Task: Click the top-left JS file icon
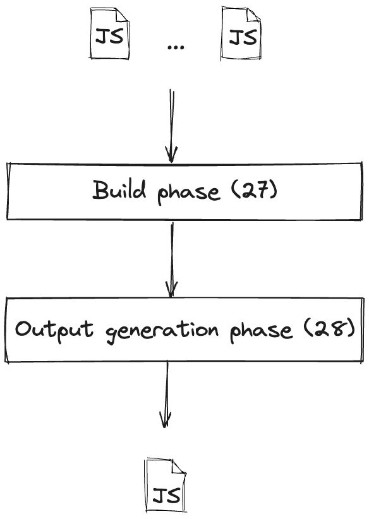pos(109,33)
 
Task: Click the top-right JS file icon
pos(241,33)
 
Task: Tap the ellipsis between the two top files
pos(176,47)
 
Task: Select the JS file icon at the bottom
pos(166,486)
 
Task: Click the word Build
pos(119,189)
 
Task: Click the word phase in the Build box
pos(188,192)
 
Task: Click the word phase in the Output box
pos(262,331)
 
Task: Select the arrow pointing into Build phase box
pos(172,126)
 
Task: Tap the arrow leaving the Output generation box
pos(166,394)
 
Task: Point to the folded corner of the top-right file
pos(253,14)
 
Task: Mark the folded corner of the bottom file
pos(179,466)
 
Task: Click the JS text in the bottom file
pos(167,496)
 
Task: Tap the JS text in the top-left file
pos(109,36)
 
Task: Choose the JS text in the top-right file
pos(243,37)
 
